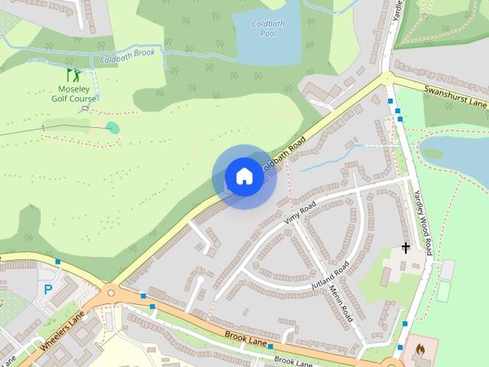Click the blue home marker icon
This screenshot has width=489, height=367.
tap(244, 177)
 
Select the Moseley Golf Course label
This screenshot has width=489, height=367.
tap(74, 94)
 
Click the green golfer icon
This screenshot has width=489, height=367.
tap(73, 75)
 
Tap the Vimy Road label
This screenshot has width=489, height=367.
tap(300, 213)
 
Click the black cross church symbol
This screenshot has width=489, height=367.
tap(406, 247)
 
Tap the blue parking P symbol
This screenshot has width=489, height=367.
tap(48, 290)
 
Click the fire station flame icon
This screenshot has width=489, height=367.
tap(418, 349)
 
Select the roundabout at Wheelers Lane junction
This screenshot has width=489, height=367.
tap(110, 291)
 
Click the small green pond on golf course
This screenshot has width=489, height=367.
tap(112, 127)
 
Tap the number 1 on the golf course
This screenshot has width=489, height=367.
tap(44, 127)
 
